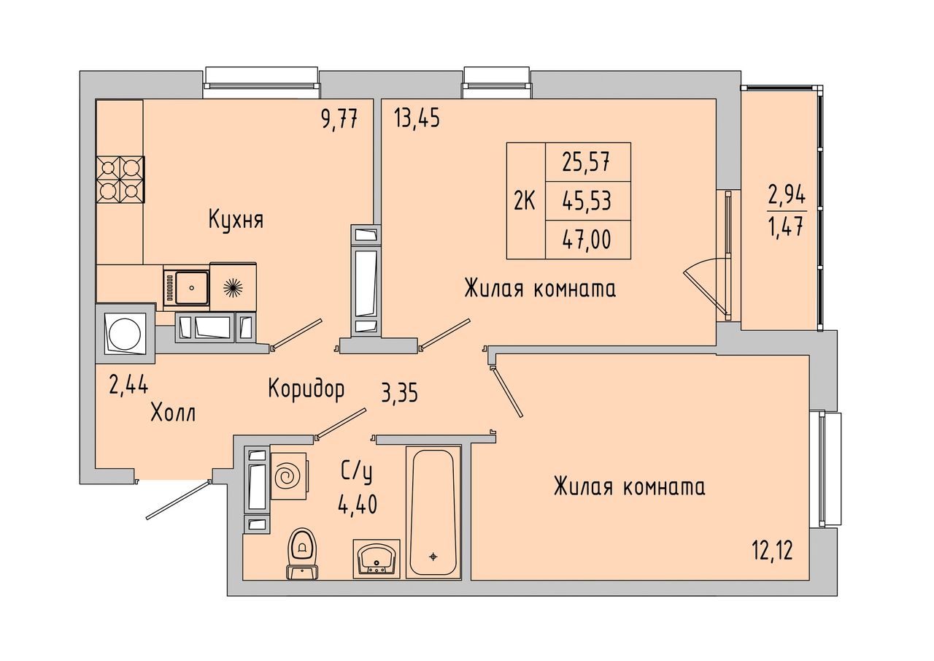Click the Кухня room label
point(236,220)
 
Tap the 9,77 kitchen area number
point(339,119)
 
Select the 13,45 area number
point(417,119)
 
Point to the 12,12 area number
point(772,551)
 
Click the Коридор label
point(306,389)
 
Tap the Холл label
point(173,413)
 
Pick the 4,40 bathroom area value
point(358,504)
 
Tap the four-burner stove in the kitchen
point(120,180)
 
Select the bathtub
point(433,511)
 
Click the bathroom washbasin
point(377,559)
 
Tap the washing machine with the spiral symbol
point(289,475)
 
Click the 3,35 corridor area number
point(399,393)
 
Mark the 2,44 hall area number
point(128,384)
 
